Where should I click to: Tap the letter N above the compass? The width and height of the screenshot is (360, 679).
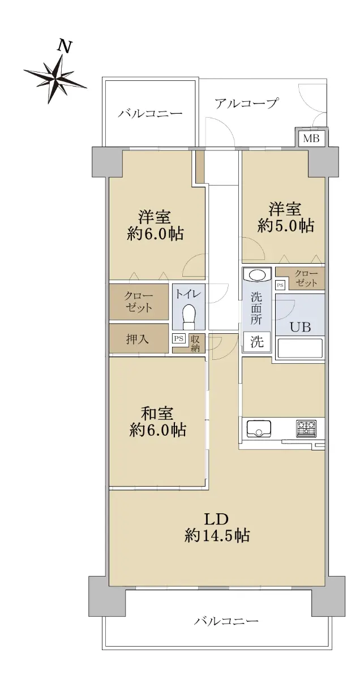pyautogui.click(x=65, y=46)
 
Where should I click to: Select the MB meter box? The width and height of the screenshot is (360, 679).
pyautogui.click(x=311, y=139)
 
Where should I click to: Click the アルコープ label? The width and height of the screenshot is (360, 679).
pyautogui.click(x=246, y=104)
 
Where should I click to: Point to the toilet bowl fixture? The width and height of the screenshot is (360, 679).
pyautogui.click(x=190, y=316)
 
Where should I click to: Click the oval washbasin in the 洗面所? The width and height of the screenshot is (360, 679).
pyautogui.click(x=257, y=275)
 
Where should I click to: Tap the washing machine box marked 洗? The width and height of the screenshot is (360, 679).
pyautogui.click(x=256, y=342)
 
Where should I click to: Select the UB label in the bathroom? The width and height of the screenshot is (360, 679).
pyautogui.click(x=300, y=327)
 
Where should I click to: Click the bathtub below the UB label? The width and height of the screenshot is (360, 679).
pyautogui.click(x=300, y=349)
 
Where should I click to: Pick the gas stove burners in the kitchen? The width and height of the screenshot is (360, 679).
pyautogui.click(x=306, y=428)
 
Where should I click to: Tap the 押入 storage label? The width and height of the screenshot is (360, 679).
pyautogui.click(x=138, y=339)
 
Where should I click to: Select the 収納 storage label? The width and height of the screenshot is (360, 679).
pyautogui.click(x=195, y=343)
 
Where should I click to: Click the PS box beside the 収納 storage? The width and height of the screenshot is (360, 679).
pyautogui.click(x=179, y=338)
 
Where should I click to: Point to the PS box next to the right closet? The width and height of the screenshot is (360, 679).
pyautogui.click(x=280, y=285)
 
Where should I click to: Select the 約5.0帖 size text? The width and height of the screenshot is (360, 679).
pyautogui.click(x=285, y=226)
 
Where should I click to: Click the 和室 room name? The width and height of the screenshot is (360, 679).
pyautogui.click(x=157, y=414)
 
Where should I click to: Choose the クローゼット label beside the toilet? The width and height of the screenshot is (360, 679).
pyautogui.click(x=139, y=302)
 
